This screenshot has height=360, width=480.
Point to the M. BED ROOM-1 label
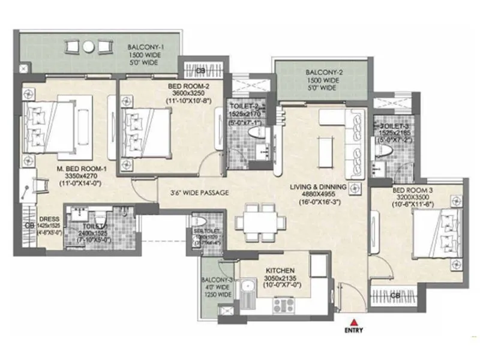coord(82,169)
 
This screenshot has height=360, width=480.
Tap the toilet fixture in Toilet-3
coord(380,150)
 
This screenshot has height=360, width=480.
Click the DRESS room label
coord(46,219)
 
